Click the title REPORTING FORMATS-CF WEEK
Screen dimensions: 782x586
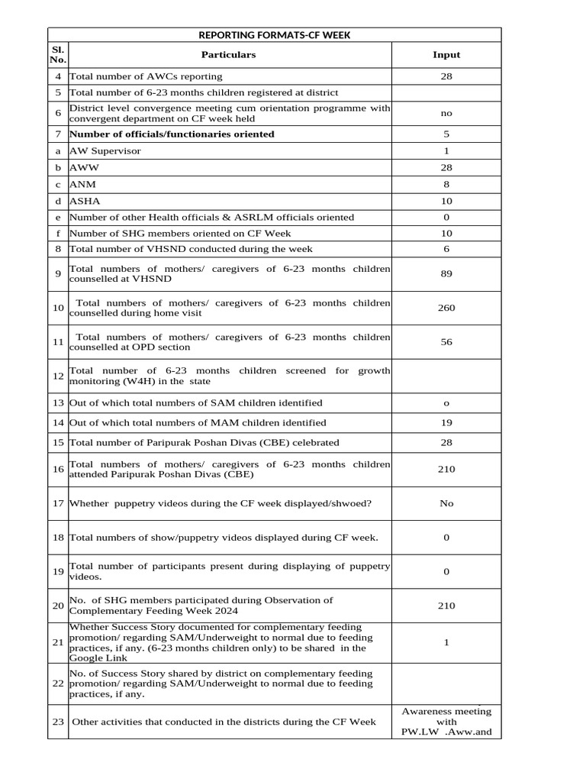(x=274, y=35)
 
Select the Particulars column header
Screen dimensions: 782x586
(x=228, y=55)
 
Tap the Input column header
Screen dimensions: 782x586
(x=446, y=55)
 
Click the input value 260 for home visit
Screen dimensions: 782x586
(x=446, y=309)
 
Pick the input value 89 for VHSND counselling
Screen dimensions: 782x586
(x=446, y=274)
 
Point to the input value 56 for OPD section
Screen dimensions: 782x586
(x=446, y=342)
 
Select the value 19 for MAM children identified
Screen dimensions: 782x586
(x=446, y=422)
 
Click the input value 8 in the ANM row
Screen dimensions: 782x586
(x=446, y=184)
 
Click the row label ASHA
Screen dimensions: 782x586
(x=85, y=201)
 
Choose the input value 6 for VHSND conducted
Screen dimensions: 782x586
(x=446, y=249)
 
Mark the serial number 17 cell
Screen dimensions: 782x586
(x=58, y=504)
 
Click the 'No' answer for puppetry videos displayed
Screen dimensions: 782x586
(x=446, y=504)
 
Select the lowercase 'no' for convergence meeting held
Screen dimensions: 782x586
(x=446, y=113)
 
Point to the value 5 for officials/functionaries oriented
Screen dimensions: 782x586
(x=446, y=134)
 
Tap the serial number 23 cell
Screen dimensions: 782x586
(x=58, y=722)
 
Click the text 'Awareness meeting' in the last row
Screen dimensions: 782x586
(x=446, y=712)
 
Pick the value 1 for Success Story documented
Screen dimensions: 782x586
(x=446, y=643)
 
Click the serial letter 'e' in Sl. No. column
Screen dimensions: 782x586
(x=58, y=218)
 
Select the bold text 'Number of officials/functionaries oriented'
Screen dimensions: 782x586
(x=172, y=134)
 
